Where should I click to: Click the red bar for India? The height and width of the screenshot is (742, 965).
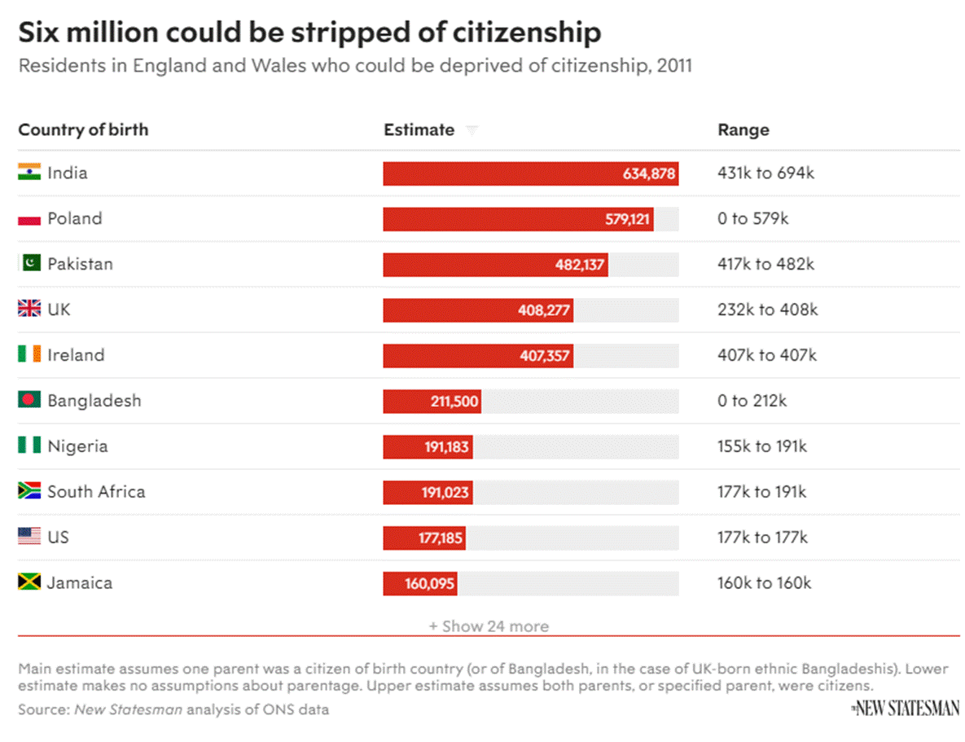[529, 173]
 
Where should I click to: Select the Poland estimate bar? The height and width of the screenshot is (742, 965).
[518, 219]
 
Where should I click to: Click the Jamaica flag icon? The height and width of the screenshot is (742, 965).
[29, 582]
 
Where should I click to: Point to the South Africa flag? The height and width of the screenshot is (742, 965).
[29, 491]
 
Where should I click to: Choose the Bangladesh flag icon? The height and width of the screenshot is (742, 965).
[29, 400]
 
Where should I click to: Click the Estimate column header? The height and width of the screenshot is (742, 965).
[419, 130]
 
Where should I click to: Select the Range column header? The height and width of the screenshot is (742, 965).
[743, 130]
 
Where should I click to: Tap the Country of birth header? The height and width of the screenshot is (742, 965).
[83, 130]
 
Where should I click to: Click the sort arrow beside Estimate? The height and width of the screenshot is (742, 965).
[472, 130]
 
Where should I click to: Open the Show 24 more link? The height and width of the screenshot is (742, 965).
[489, 626]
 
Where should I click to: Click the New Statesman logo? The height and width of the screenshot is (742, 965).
[906, 709]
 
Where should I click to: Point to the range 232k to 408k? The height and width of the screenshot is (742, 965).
[767, 310]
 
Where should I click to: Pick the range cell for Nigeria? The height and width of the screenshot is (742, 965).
[762, 446]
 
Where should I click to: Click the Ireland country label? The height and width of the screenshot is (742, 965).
[76, 355]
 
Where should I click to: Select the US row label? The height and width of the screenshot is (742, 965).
[59, 538]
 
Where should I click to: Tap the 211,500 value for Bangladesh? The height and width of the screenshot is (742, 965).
[454, 402]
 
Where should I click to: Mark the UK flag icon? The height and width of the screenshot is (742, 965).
[29, 310]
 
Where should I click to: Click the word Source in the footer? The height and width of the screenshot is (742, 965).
[42, 709]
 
